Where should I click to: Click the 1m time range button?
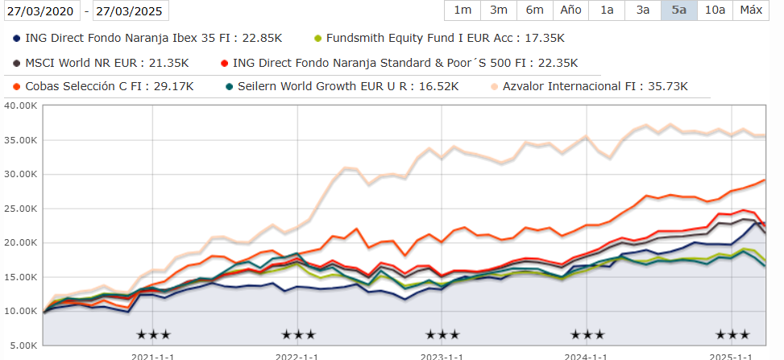(463, 10)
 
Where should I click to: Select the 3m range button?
(498, 10)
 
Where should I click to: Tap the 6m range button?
(534, 10)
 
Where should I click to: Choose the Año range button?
(570, 10)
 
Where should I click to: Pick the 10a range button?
(715, 10)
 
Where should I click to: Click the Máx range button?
(751, 10)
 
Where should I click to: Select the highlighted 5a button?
(678, 10)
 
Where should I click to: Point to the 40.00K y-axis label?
(20, 106)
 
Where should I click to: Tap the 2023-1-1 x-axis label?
(442, 355)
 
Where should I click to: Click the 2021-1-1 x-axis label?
(153, 355)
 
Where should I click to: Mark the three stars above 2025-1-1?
(732, 334)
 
